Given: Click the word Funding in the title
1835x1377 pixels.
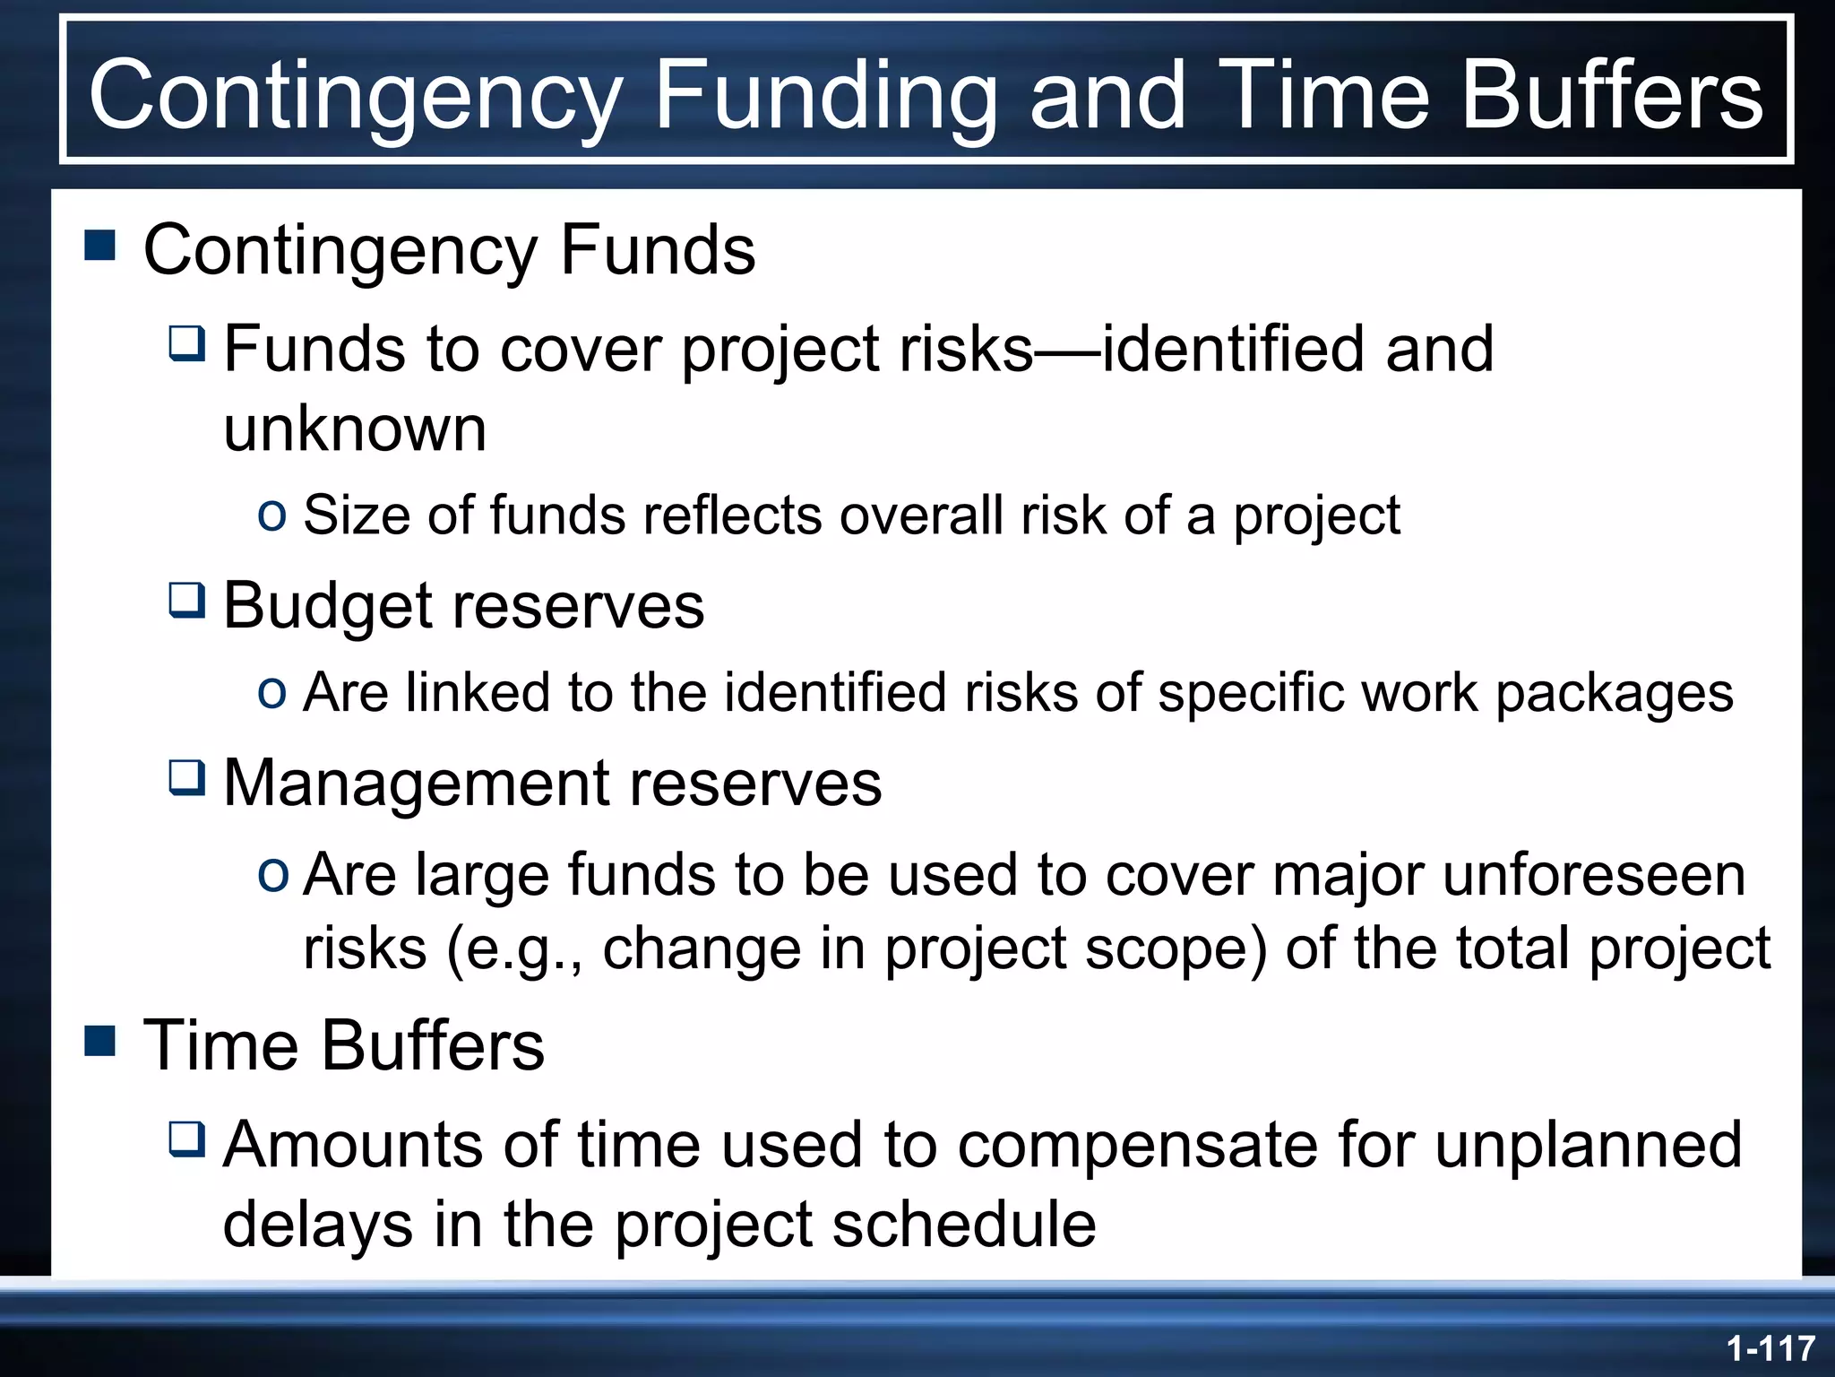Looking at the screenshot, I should click(x=824, y=95).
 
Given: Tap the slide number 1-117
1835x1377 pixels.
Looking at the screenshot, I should click(x=1770, y=1348).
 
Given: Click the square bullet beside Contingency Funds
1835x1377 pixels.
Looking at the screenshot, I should click(x=100, y=245).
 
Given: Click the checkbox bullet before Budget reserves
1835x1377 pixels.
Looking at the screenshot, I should click(x=187, y=601).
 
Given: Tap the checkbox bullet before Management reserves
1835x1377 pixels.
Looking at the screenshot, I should click(x=187, y=778).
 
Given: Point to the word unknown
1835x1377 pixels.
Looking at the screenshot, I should click(x=355, y=429).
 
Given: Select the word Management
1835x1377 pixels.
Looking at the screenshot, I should click(x=416, y=783).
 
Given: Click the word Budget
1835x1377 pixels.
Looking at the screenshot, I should click(x=327, y=607).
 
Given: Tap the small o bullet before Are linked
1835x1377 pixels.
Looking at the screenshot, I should click(x=271, y=691).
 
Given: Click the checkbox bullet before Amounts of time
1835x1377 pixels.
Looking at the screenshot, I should click(x=187, y=1139).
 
